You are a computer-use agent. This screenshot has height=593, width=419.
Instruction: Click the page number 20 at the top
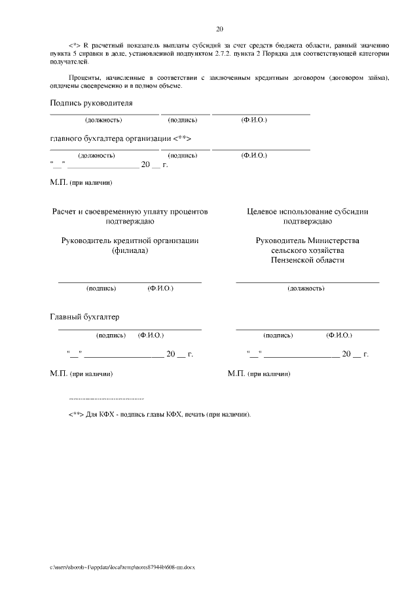pos(219,29)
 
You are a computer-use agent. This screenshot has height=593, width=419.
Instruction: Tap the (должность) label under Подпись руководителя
pos(103,120)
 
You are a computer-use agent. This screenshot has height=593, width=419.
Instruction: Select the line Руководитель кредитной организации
pos(130,240)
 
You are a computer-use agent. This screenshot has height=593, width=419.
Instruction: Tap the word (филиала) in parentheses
pos(130,250)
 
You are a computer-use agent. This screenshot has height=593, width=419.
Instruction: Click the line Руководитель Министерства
pos(307,240)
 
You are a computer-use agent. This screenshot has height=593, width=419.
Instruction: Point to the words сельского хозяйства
pos(307,250)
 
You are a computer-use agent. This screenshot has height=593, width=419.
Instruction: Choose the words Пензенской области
pos(307,260)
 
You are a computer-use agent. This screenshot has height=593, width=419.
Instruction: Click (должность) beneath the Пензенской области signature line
pos(306,288)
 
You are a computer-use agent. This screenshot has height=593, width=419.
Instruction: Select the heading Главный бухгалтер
pos(84,317)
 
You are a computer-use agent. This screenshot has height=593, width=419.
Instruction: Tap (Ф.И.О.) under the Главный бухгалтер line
pos(151,335)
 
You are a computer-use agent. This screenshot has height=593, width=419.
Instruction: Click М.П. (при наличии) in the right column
pos(259,373)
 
